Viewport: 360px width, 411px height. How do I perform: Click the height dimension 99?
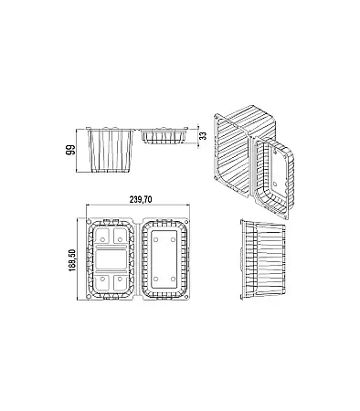[x=69, y=151]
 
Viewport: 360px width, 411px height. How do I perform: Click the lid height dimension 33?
[x=203, y=132]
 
